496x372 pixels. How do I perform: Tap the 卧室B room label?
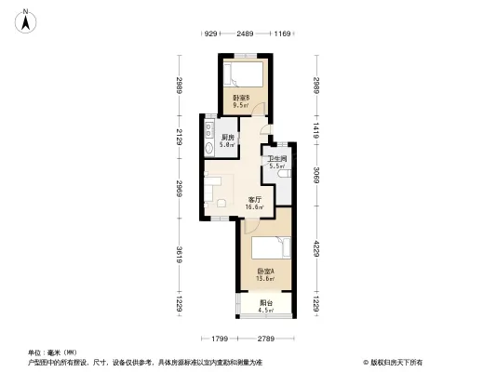click(241, 97)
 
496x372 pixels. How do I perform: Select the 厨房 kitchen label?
click(227, 139)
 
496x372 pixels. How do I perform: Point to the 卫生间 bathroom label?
click(276, 159)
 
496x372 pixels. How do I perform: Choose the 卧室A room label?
click(265, 271)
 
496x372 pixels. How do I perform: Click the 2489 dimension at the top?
click(245, 33)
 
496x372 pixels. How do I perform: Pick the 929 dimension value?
click(210, 33)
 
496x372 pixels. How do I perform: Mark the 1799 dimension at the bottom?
click(220, 338)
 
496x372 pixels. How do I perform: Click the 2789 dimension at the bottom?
click(266, 338)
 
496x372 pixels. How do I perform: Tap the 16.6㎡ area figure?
click(254, 207)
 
